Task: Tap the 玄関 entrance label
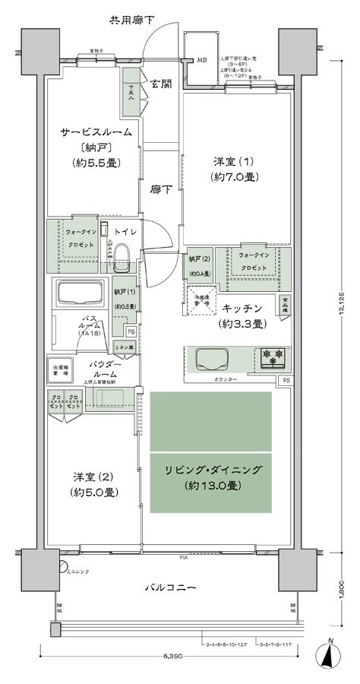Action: click(159, 83)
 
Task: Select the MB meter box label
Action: click(202, 60)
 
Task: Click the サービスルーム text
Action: click(96, 132)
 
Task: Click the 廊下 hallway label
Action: click(159, 191)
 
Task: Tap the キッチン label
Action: click(242, 309)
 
